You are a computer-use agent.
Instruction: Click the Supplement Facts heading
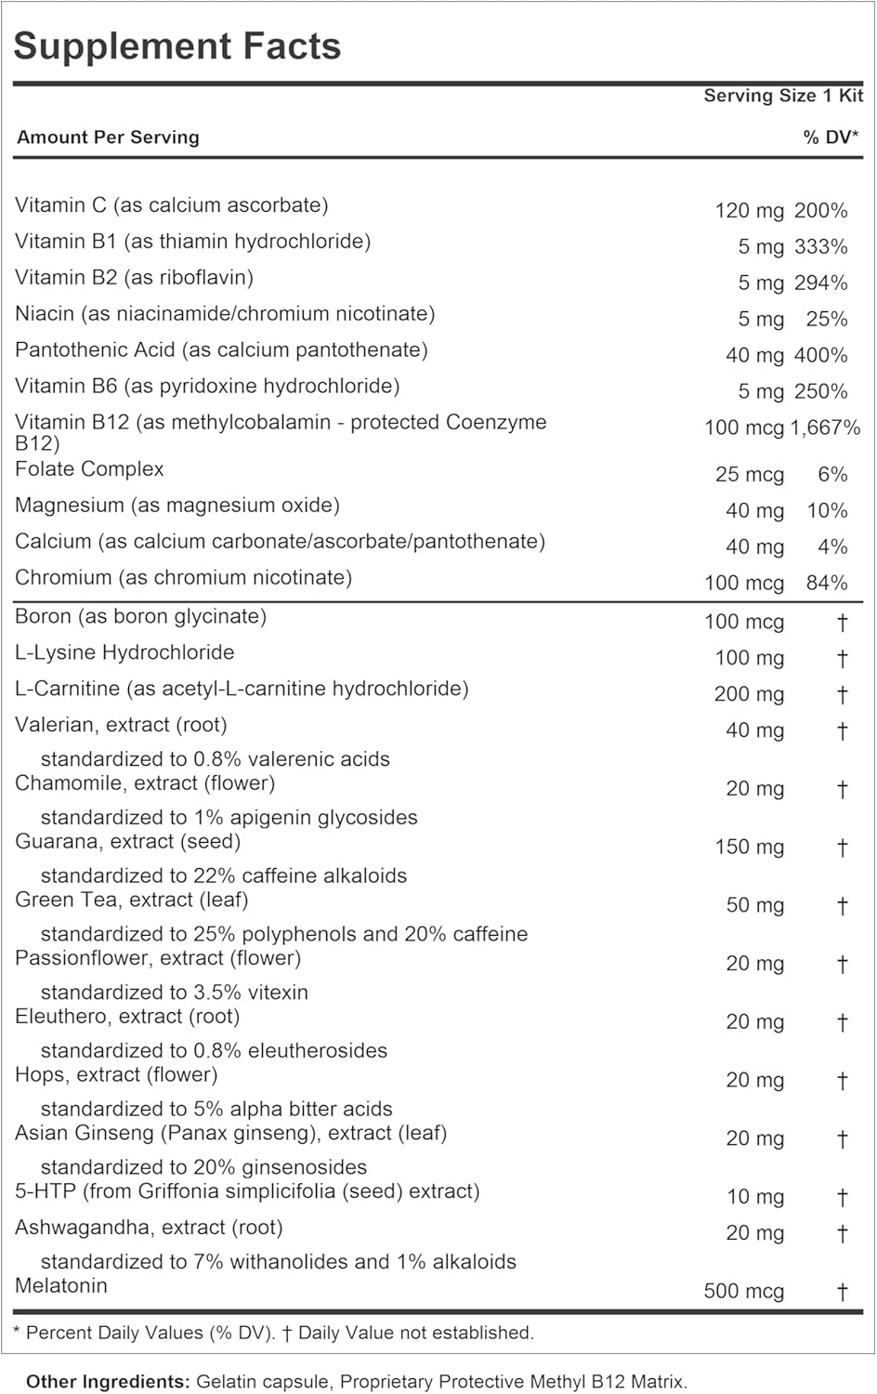pos(177,46)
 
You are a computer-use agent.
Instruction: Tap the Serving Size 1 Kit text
pos(782,96)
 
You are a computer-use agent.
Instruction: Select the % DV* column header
pos(831,138)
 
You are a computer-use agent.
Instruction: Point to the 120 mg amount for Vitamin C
pos(749,211)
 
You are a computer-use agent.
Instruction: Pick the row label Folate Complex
pos(89,469)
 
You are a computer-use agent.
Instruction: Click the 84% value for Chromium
pos(827,584)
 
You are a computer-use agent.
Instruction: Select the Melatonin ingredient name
pos(61,1286)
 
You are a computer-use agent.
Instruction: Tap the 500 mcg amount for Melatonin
pos(744,1292)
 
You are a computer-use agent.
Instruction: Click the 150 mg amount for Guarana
pos(749,848)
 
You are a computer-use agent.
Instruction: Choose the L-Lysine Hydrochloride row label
pos(124,652)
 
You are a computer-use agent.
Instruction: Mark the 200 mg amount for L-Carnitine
pos(749,695)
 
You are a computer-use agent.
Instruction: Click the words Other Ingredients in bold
pos(108,1382)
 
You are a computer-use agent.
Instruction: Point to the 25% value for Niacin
pos(827,320)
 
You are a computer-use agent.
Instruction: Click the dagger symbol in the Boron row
pos(842,623)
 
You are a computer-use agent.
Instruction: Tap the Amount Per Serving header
pos(108,138)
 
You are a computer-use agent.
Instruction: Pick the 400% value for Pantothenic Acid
pos(821,356)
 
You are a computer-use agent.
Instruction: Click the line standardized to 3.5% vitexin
pos(175,993)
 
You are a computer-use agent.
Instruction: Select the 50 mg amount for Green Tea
pos(754,906)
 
